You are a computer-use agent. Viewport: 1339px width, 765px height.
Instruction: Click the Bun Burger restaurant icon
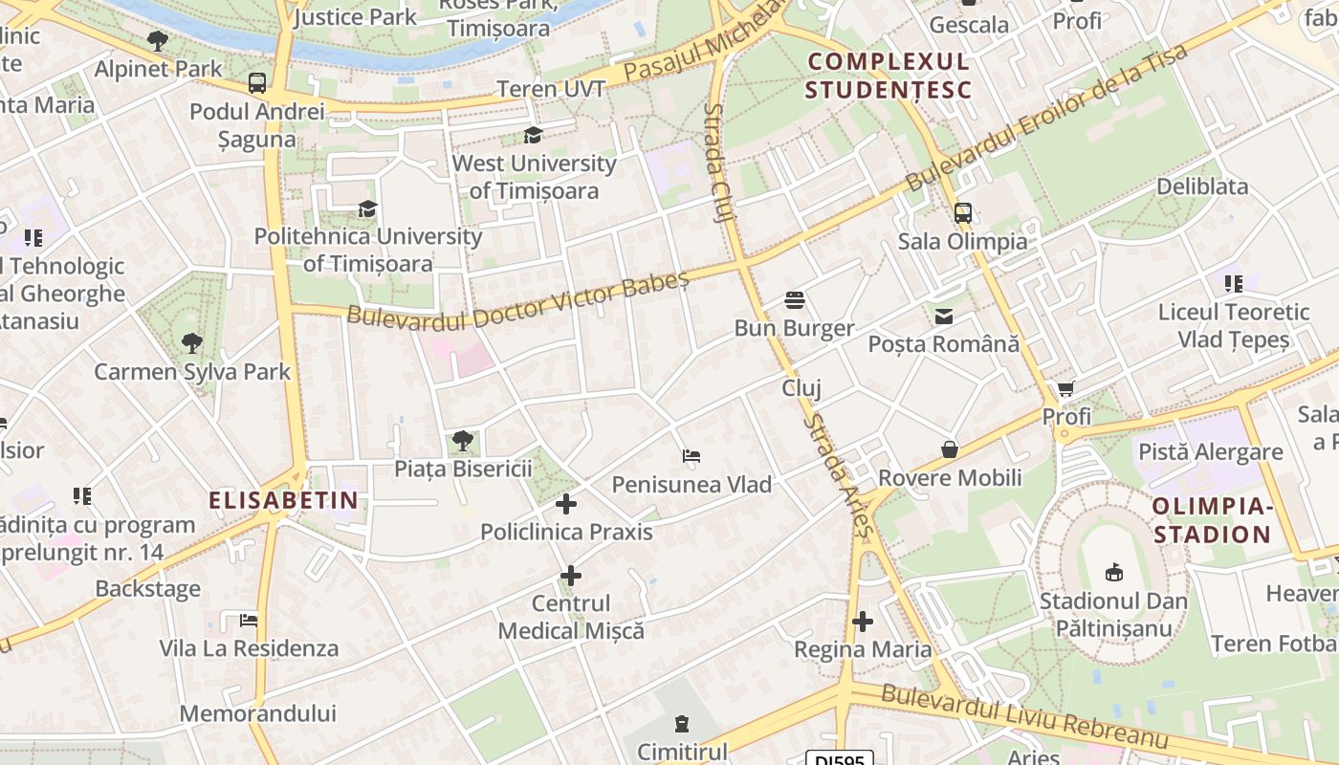pos(794,300)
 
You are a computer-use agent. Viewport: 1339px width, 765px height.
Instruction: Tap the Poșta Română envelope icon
pos(944,316)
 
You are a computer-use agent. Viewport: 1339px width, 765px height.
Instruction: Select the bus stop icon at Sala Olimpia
pos(963,213)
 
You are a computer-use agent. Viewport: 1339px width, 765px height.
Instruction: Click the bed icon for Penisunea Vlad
pos(691,456)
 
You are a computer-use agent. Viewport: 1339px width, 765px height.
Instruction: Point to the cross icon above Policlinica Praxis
pos(566,503)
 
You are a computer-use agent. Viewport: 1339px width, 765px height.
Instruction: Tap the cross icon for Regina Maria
pos(863,622)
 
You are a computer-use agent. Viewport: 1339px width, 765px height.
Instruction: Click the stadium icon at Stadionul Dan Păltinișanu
pos(1113,573)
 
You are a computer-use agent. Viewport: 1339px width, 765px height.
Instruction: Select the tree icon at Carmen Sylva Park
pos(192,343)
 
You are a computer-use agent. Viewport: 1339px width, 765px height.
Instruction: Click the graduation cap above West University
pos(534,136)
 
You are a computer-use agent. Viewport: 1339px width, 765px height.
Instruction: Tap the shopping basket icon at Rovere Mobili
pos(950,449)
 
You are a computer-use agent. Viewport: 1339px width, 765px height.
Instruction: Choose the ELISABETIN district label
pos(284,499)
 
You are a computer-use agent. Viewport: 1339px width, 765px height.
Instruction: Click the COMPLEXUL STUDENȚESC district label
pos(889,76)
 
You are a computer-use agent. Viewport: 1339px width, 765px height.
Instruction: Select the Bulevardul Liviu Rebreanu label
pos(1024,716)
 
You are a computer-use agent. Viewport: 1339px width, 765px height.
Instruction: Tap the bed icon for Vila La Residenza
pos(249,621)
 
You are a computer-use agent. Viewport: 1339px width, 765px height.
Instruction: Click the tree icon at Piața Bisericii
pos(463,441)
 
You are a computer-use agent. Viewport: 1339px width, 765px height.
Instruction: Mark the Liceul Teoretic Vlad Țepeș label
pos(1233,326)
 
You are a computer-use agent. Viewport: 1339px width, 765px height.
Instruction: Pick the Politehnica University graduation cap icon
pos(367,208)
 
